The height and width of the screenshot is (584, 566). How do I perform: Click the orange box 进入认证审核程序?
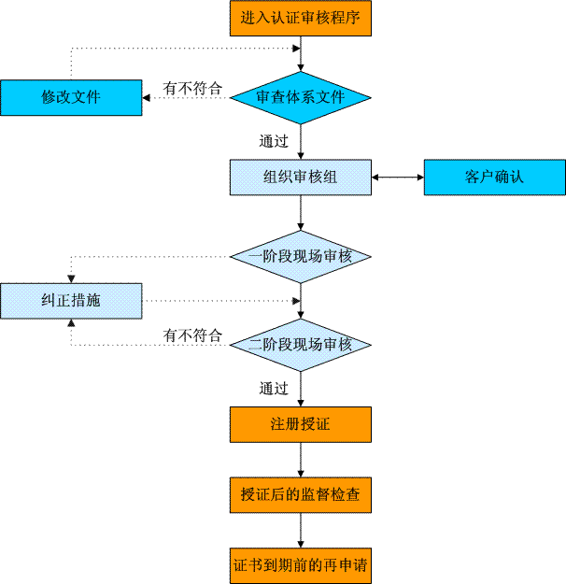(x=301, y=19)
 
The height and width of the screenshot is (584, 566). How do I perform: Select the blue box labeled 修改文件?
(x=71, y=97)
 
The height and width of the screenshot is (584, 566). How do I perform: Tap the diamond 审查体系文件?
(x=301, y=97)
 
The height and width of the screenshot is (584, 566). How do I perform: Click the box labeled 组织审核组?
(x=301, y=178)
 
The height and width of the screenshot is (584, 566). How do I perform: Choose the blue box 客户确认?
(x=495, y=178)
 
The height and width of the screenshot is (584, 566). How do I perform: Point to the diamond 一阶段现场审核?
(x=301, y=257)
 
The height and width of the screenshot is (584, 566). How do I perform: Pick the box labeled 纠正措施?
(x=71, y=301)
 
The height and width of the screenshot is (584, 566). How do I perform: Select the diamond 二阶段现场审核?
(x=301, y=345)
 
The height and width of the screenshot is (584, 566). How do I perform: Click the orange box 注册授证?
(x=301, y=424)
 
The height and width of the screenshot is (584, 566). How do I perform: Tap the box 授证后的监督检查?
(x=301, y=495)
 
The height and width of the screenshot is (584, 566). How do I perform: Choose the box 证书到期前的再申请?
(x=301, y=565)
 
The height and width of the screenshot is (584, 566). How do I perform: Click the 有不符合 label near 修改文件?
(x=192, y=89)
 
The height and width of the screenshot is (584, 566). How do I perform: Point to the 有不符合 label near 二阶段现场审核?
(x=192, y=335)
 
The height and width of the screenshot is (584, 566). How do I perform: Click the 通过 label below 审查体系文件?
(x=274, y=141)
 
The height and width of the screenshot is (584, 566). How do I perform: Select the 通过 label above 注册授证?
(x=274, y=389)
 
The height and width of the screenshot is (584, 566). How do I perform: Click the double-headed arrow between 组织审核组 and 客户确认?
(x=398, y=178)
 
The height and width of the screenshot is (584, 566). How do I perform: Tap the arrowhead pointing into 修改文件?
(x=146, y=98)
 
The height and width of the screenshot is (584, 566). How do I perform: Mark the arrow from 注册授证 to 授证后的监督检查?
(x=301, y=460)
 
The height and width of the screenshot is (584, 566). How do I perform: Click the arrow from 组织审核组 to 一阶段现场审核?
(x=301, y=213)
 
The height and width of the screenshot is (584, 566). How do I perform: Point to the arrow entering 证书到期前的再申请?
(x=301, y=531)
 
